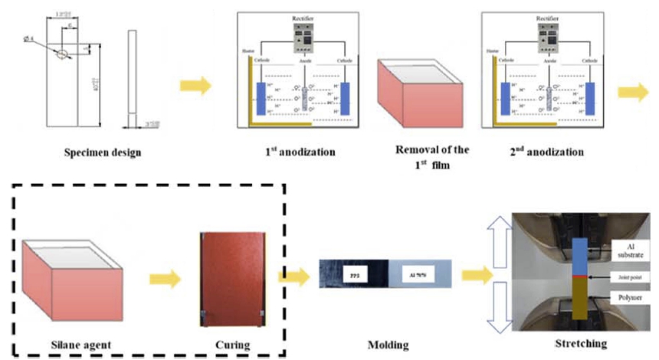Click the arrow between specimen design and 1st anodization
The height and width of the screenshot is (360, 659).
(195, 85)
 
